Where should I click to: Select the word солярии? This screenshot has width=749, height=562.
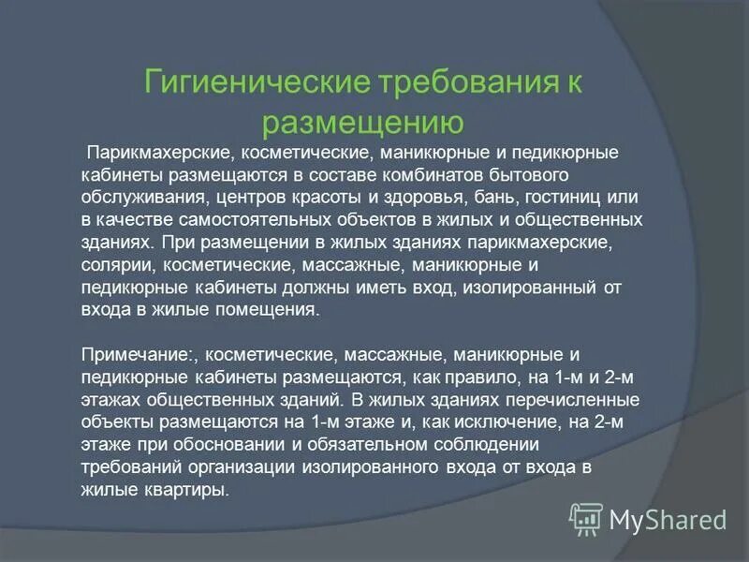point(108,265)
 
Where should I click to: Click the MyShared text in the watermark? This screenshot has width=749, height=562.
point(668,518)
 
